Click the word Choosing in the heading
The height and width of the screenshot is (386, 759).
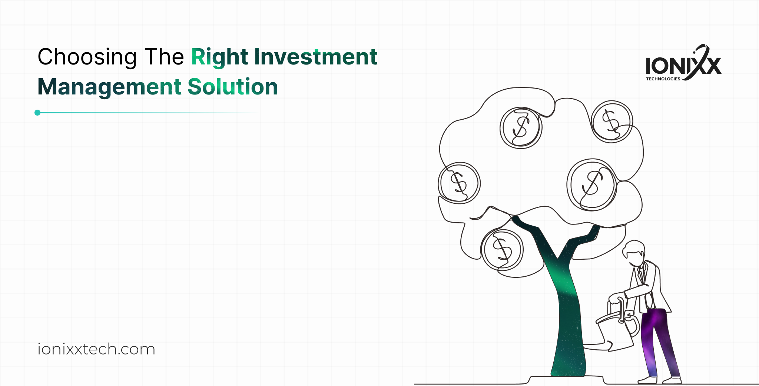(x=87, y=57)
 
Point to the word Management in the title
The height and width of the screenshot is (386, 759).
(x=110, y=87)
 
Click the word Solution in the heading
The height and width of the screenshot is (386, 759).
(x=233, y=87)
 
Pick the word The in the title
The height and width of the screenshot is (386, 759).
(x=164, y=57)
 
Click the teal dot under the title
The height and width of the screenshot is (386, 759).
(x=37, y=113)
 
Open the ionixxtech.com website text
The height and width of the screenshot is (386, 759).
(x=96, y=349)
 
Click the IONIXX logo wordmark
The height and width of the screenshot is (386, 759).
(x=683, y=65)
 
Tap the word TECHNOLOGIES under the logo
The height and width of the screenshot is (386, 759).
(x=663, y=79)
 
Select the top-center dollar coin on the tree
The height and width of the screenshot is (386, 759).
(x=521, y=128)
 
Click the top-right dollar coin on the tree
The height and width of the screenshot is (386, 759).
(x=611, y=122)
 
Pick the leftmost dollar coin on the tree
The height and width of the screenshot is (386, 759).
(x=459, y=183)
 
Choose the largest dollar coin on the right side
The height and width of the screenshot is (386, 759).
(x=592, y=184)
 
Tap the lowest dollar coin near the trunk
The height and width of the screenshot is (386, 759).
(x=502, y=250)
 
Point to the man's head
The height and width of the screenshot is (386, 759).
(x=635, y=253)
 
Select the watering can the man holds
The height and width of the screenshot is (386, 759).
(x=617, y=330)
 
